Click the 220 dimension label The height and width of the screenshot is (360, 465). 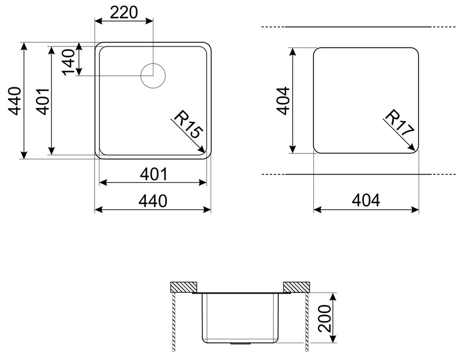tap(124, 12)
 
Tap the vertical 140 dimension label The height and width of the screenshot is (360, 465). tap(69, 62)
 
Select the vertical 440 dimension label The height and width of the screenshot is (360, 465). tap(15, 101)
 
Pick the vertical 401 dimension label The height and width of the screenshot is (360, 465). tap(43, 101)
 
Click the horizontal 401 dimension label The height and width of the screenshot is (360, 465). tap(153, 174)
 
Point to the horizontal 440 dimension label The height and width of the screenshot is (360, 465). tap(153, 201)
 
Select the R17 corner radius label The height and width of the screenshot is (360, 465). tap(400, 122)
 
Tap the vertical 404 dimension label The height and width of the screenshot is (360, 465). tap(283, 101)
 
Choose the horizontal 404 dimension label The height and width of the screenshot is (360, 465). tap(366, 201)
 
